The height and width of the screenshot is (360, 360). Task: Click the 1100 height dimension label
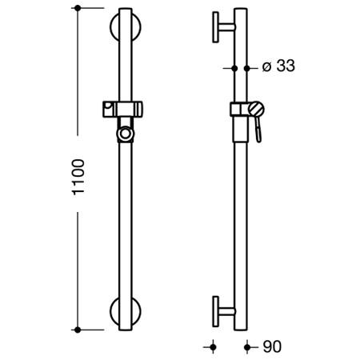79,177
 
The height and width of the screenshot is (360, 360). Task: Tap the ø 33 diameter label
278,66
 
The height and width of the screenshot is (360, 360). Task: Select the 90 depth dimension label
272,346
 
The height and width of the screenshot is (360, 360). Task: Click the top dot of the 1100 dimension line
78,8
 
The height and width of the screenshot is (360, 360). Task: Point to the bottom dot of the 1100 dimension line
78,330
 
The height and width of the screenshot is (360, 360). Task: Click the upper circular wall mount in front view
113,26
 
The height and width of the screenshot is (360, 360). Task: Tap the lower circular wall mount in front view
113,311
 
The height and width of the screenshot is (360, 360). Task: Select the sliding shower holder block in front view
122,109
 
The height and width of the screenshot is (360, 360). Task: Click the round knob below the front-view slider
125,134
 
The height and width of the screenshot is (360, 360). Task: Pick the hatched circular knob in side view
256,109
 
